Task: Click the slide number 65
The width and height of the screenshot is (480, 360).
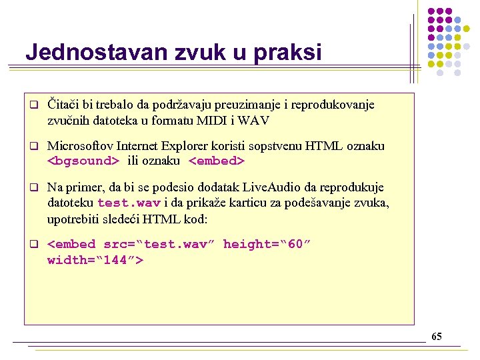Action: coord(436,337)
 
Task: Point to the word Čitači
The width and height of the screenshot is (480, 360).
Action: coord(64,105)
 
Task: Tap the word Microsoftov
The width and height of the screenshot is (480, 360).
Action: coord(80,145)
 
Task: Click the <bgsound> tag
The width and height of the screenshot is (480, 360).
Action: coord(83,161)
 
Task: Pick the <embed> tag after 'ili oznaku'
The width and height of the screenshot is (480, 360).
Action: coord(217,161)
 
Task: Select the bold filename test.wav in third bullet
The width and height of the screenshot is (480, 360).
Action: coord(129,203)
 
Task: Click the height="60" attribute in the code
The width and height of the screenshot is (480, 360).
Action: coord(267,244)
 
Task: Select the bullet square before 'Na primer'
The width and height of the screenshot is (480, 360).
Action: coord(33,187)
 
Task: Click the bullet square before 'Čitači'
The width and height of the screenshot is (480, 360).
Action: coord(33,105)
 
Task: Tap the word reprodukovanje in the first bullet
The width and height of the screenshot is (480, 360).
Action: coord(334,105)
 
